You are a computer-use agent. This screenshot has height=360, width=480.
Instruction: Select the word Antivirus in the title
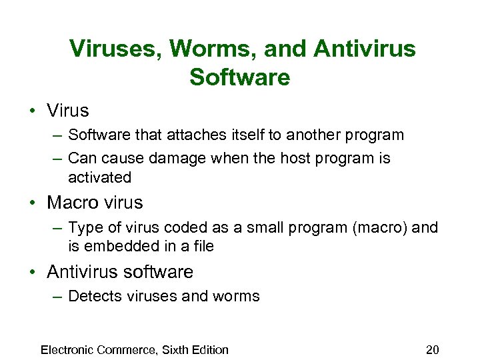(364, 49)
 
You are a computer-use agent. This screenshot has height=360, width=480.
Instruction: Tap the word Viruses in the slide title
(116, 49)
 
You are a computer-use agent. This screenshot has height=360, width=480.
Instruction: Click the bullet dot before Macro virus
(34, 202)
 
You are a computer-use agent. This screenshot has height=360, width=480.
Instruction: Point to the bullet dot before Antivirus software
(34, 272)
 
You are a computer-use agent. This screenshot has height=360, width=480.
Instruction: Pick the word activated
(99, 177)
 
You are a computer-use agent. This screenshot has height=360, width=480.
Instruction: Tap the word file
(201, 247)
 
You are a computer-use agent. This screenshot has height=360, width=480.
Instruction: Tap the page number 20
(433, 350)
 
